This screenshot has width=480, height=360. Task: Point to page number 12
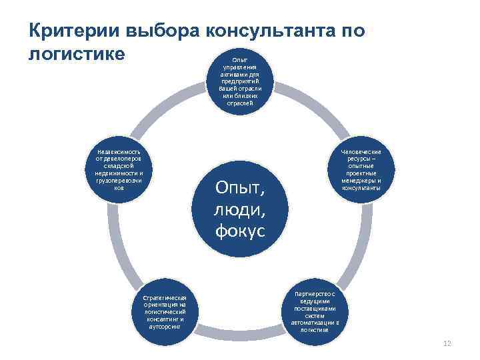pyautogui.click(x=447, y=343)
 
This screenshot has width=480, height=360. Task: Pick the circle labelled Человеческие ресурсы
pyautogui.click(x=363, y=170)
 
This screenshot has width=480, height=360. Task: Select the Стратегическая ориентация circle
pyautogui.click(x=164, y=311)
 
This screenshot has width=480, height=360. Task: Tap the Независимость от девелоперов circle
pyautogui.click(x=119, y=170)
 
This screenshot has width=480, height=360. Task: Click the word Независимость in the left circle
pyautogui.click(x=119, y=151)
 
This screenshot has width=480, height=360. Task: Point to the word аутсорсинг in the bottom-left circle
pyautogui.click(x=164, y=327)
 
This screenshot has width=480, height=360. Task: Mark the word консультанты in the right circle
pyautogui.click(x=363, y=188)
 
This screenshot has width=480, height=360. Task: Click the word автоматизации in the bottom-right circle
pyautogui.click(x=315, y=323)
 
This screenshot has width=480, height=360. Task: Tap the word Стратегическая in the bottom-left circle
pyautogui.click(x=164, y=298)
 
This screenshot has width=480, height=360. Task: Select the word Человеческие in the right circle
pyautogui.click(x=363, y=152)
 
